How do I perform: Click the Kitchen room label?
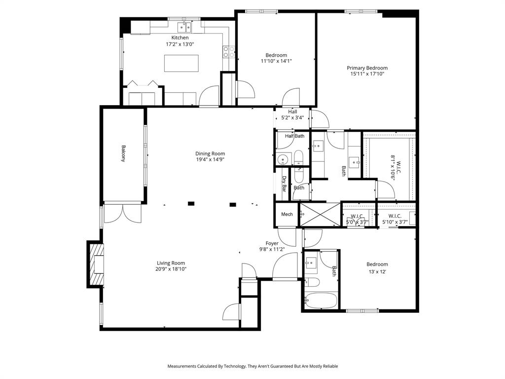tap(180, 38)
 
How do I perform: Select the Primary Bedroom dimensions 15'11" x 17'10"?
tap(367, 74)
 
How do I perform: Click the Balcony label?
tap(123, 153)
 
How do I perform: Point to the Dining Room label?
tap(210, 153)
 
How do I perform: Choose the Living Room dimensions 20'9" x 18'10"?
tap(171, 269)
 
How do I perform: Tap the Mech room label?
tap(287, 214)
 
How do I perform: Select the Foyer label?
tap(272, 243)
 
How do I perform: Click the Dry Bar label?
tap(284, 184)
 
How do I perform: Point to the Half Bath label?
tap(294, 136)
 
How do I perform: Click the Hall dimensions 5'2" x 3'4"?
tap(292, 118)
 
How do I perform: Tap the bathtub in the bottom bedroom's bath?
tap(320, 300)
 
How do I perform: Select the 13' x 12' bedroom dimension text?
tap(377, 271)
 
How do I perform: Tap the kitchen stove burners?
tap(228, 51)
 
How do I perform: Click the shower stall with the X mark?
tap(320, 214)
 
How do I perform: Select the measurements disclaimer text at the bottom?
tap(252, 366)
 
